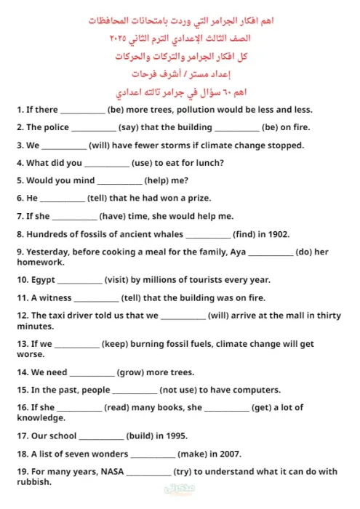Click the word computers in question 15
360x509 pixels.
257,390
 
